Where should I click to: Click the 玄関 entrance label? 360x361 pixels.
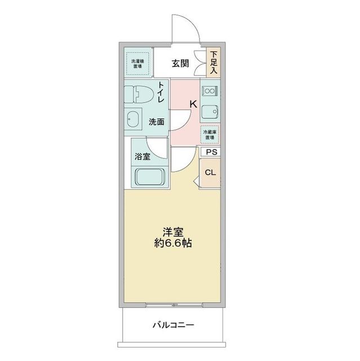tap(180, 63)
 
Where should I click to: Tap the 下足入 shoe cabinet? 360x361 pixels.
tap(214, 63)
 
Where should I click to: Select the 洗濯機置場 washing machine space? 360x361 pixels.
tap(137, 63)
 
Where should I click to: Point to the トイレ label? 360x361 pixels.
tap(161, 92)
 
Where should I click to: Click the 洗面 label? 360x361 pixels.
tap(157, 121)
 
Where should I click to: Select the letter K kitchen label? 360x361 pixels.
tap(192, 104)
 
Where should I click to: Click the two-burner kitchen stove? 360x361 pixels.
tap(210, 91)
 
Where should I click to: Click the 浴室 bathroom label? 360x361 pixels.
tap(143, 156)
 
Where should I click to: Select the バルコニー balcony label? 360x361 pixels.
tap(173, 326)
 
